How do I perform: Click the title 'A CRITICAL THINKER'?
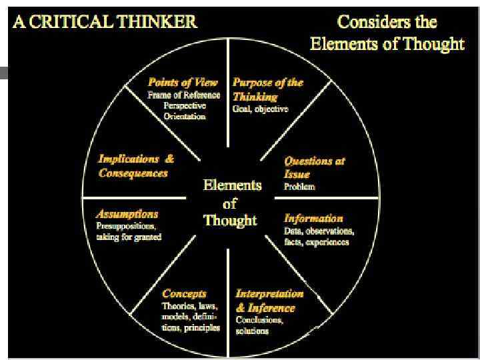point(105,21)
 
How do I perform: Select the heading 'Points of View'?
point(183,83)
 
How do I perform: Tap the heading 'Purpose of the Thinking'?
point(267,89)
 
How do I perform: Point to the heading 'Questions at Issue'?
point(314,167)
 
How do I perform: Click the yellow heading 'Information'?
point(313,218)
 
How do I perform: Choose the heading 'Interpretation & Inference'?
point(269,301)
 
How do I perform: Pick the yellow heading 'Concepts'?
point(184,293)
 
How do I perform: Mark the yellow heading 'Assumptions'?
point(127,214)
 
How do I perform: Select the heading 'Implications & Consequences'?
point(136,166)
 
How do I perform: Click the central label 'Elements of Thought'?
point(231,203)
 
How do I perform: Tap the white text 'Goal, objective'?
point(260,109)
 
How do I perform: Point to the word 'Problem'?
point(299,187)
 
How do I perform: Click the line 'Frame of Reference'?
point(184,95)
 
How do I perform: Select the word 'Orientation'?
point(184,116)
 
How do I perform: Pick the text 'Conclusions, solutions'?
point(259,325)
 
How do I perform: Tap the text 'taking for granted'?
point(129,237)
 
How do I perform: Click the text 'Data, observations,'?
point(319,231)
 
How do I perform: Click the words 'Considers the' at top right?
point(387,21)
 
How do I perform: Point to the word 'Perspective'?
point(184,105)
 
